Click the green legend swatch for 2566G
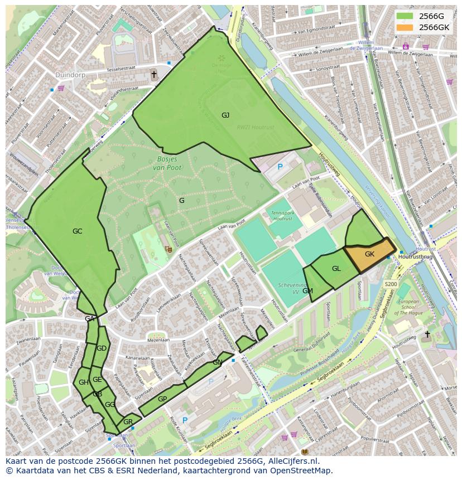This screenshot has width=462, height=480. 405,16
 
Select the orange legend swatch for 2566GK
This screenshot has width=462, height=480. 405,27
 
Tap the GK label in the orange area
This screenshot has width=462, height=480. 369,254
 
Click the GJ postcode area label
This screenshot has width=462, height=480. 225,115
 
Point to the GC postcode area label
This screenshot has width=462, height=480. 77,231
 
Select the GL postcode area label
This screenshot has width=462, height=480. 336,269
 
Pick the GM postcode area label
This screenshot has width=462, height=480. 307,291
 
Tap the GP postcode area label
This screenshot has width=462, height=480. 162,399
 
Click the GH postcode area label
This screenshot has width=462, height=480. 84,382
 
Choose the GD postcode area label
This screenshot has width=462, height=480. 101,348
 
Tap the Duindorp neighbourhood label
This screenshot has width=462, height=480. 70,74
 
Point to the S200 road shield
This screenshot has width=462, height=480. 391,284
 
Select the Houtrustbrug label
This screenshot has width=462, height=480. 416,256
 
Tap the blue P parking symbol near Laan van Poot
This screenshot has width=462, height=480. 280,166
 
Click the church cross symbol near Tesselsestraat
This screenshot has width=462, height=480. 154,74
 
